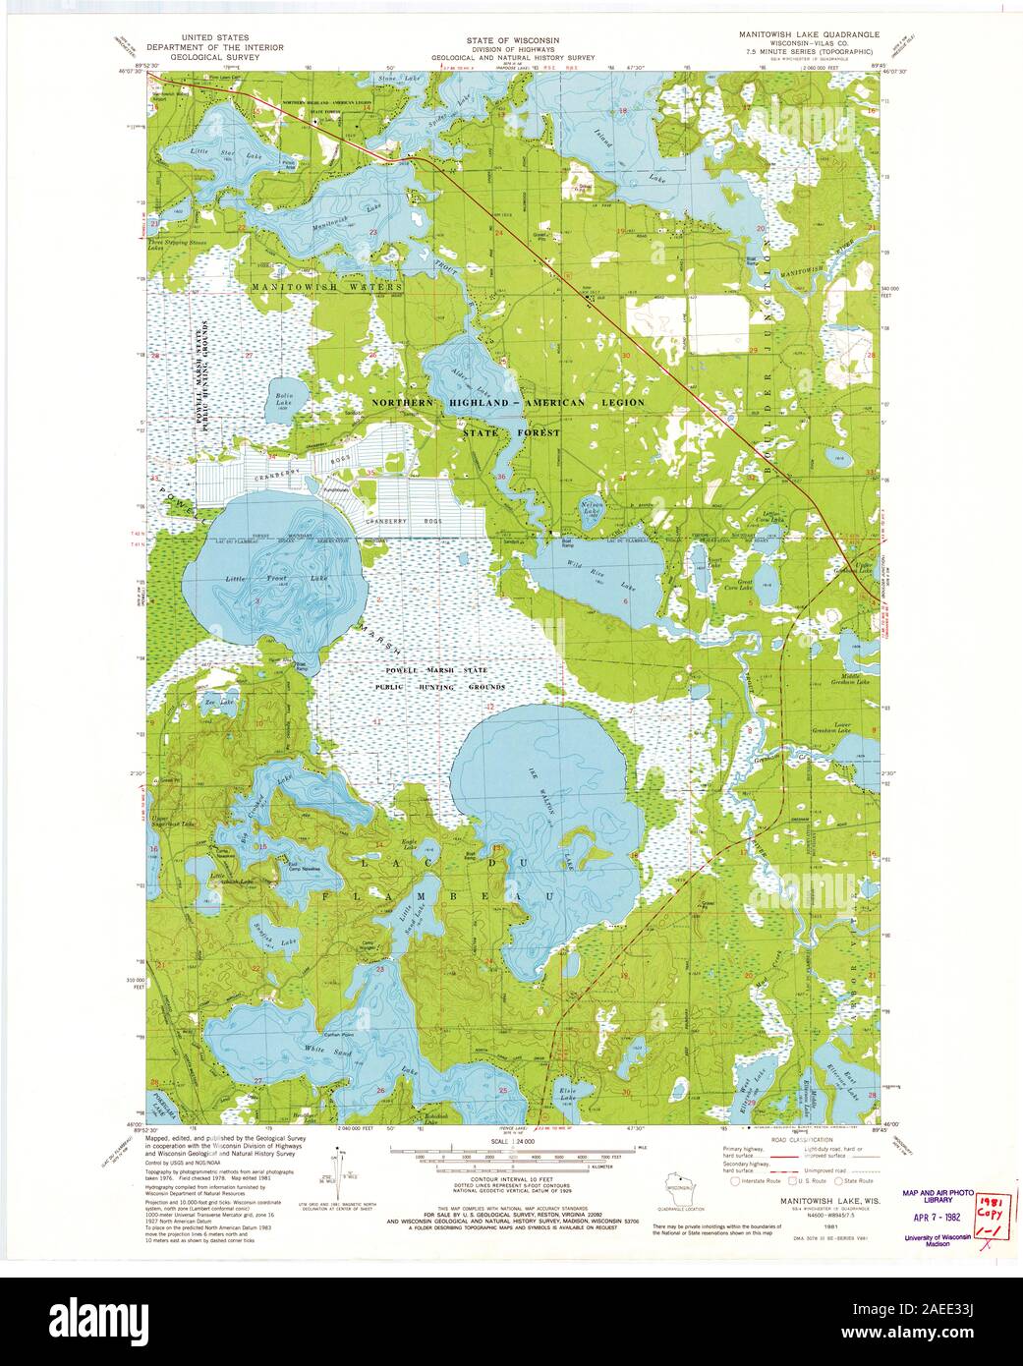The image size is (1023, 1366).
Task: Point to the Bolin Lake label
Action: click(x=283, y=399)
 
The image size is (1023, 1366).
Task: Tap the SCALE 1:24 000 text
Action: click(x=511, y=1142)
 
